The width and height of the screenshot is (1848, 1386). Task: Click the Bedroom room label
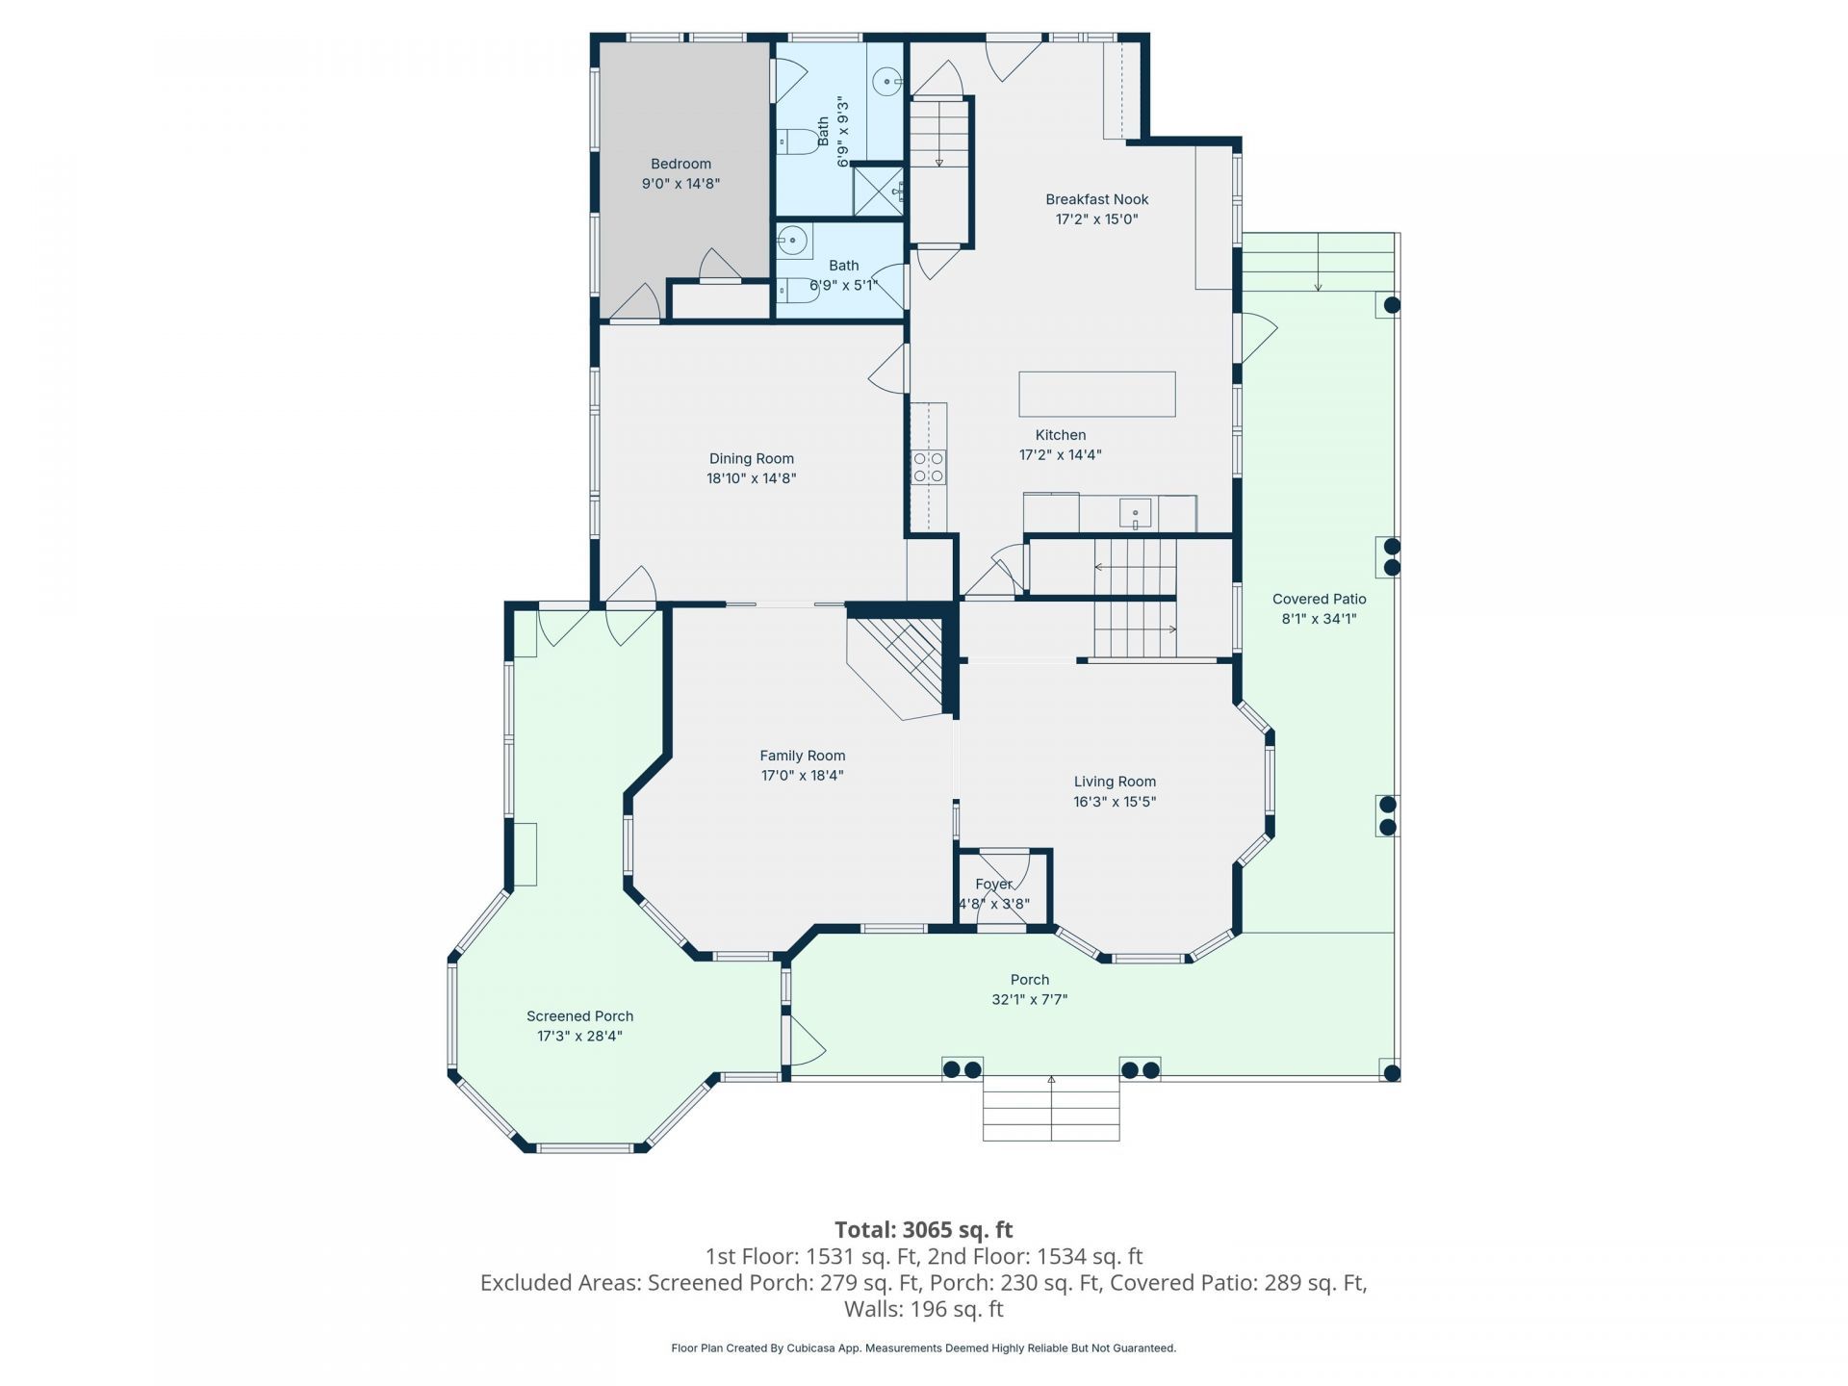click(x=680, y=164)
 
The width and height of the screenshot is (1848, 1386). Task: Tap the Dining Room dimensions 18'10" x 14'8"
click(x=752, y=478)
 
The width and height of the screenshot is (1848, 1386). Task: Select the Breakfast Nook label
click(x=1097, y=199)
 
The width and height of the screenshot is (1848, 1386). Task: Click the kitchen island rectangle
click(x=1097, y=394)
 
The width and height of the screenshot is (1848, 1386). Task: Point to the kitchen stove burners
click(x=929, y=467)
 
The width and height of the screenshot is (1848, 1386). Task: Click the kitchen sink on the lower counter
click(x=1136, y=514)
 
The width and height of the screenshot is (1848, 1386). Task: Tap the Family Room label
click(x=803, y=756)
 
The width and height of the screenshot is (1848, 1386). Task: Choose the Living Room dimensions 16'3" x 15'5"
click(x=1115, y=802)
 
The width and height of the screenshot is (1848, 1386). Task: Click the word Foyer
click(x=993, y=884)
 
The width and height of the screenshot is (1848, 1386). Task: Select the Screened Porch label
click(x=579, y=1016)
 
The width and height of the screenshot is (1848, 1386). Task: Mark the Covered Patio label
click(x=1319, y=599)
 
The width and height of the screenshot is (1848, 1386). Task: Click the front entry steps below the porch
click(x=1051, y=1109)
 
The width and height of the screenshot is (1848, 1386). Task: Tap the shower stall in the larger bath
click(x=879, y=191)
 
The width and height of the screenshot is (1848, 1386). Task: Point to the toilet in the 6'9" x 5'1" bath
click(x=797, y=290)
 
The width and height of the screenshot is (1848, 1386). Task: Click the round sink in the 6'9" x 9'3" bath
click(x=886, y=83)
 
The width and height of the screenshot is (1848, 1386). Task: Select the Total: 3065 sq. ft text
click(x=923, y=1229)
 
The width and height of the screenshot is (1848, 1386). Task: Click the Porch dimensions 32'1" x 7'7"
click(x=1030, y=1000)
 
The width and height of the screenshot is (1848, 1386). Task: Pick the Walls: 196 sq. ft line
click(x=923, y=1309)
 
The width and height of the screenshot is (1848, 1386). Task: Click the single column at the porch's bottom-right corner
click(x=1390, y=1071)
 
